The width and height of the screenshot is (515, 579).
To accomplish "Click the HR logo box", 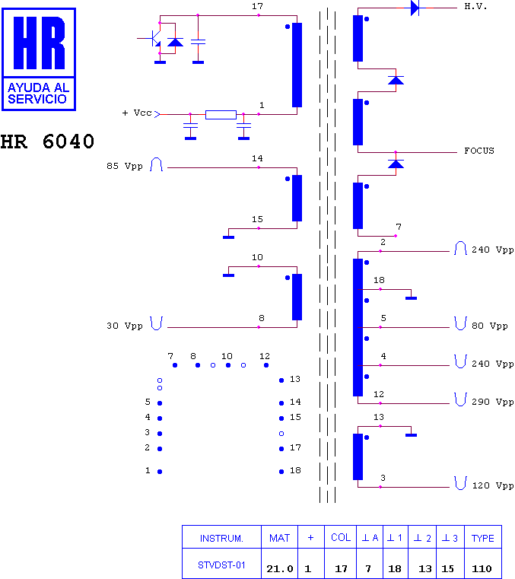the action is (x=39, y=59).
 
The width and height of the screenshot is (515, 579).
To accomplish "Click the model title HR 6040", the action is (x=47, y=142).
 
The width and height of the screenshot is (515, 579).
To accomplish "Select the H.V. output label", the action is (x=475, y=6).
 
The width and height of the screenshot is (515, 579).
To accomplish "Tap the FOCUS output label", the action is (x=478, y=151).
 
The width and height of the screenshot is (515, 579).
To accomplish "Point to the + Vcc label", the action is (x=137, y=113).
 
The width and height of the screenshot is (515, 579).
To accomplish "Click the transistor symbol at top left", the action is (x=155, y=38).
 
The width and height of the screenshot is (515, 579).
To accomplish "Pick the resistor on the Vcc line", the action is (x=221, y=114).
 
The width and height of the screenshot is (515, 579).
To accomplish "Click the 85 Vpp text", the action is (x=125, y=166).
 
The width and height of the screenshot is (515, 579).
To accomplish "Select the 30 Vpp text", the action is (x=125, y=326).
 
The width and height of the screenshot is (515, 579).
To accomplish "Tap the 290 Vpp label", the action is (x=492, y=402).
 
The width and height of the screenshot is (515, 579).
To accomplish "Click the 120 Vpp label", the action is (x=493, y=485).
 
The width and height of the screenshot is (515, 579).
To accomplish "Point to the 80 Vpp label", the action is (x=490, y=326).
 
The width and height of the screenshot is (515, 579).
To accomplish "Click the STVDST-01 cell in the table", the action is (x=221, y=565).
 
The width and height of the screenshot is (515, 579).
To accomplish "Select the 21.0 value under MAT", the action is (x=280, y=568).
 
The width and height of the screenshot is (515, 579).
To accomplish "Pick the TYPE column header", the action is (x=482, y=538).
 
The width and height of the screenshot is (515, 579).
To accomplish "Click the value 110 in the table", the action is (x=482, y=568).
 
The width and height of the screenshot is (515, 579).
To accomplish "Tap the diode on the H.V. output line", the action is (x=415, y=8).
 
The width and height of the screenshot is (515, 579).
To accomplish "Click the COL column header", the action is (x=340, y=537).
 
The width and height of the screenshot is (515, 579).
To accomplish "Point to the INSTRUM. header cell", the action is (x=221, y=539).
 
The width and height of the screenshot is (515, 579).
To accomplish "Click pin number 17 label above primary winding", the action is (x=257, y=6).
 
